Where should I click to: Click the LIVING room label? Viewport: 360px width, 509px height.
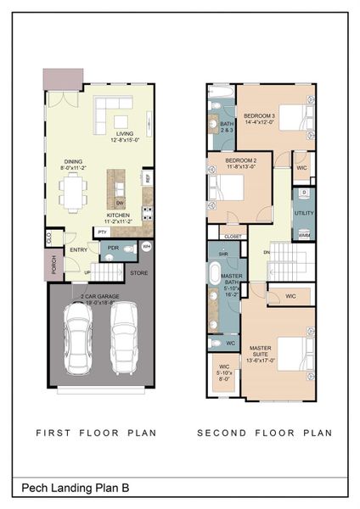[126, 133]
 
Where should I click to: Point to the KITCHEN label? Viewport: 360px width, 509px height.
[119, 215]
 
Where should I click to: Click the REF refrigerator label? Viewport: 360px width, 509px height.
[147, 179]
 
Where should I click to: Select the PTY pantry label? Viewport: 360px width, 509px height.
[102, 231]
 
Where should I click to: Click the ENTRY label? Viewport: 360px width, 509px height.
[79, 249]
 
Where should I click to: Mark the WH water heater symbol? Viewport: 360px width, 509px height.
[146, 247]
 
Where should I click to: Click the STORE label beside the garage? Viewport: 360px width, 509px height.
[138, 272]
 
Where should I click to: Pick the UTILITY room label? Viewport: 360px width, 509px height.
[303, 212]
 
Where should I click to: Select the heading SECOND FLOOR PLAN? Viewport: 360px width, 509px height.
[265, 433]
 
